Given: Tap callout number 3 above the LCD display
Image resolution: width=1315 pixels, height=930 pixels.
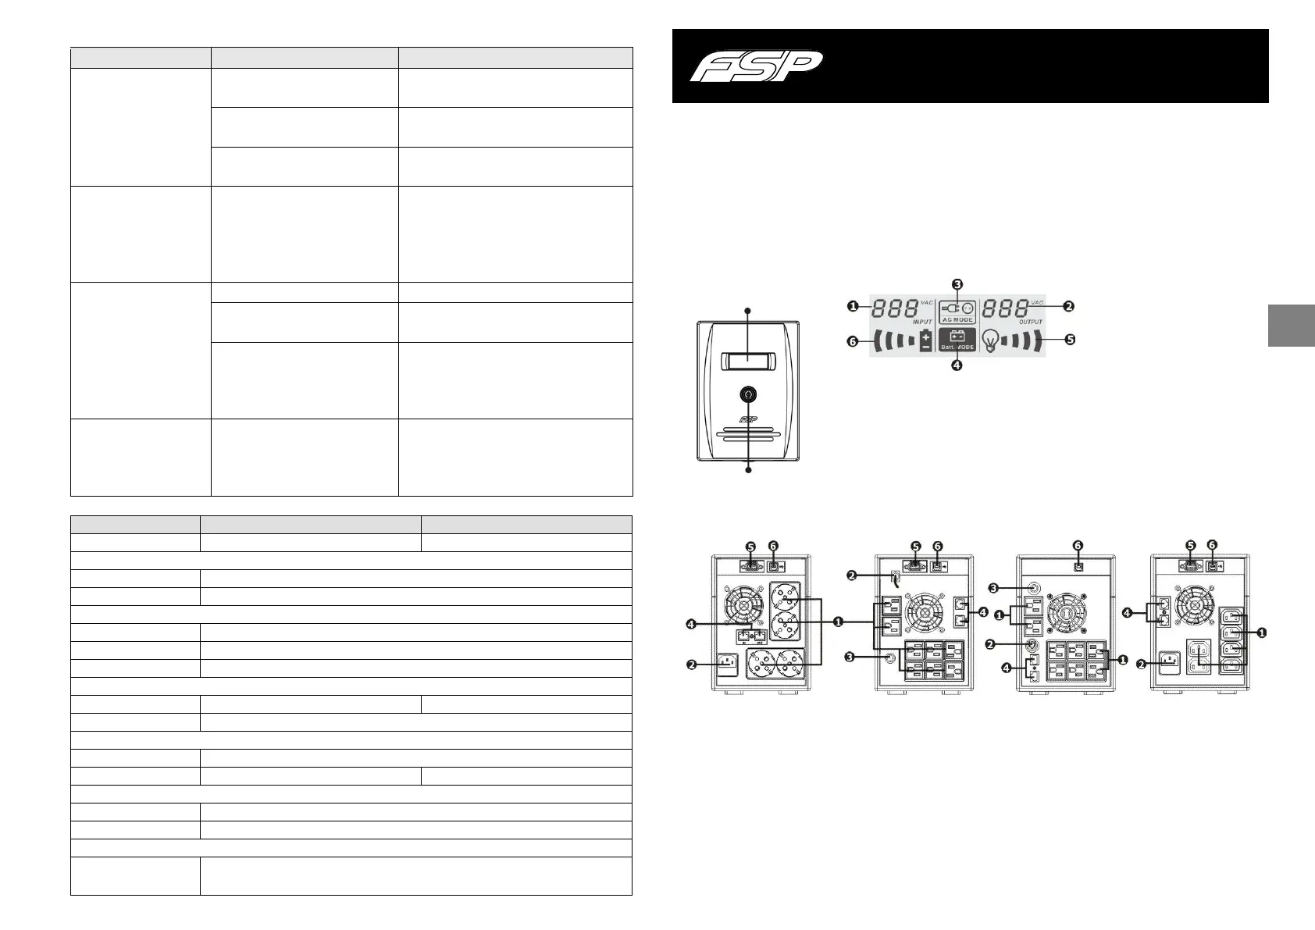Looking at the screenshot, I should [x=957, y=284].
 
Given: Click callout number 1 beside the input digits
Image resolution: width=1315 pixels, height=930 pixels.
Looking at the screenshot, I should [x=854, y=306].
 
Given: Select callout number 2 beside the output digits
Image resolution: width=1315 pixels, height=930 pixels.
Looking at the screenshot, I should [x=1069, y=306].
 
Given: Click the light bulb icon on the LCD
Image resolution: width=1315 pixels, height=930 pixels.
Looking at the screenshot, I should [x=991, y=340].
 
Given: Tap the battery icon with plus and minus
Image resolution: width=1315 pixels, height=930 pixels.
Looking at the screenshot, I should [x=926, y=340].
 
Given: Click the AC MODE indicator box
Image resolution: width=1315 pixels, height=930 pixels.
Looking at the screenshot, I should [x=957, y=312].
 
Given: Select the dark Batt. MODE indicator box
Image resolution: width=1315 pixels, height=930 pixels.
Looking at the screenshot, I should [x=957, y=340].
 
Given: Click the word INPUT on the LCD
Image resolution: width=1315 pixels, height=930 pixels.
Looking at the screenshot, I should [x=922, y=322].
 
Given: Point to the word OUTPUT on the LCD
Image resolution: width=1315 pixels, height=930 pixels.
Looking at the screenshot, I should [x=1031, y=322].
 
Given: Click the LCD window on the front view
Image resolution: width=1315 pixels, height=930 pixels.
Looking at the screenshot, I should [x=747, y=361].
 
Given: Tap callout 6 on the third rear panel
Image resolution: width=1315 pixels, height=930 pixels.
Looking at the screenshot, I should [x=1078, y=546].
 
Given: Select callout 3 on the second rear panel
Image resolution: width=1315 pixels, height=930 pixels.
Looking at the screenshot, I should [x=850, y=657].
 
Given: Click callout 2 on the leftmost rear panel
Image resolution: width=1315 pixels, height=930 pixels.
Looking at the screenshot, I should [x=692, y=665].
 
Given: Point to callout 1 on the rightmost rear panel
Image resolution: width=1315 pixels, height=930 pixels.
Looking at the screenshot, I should [x=1261, y=633].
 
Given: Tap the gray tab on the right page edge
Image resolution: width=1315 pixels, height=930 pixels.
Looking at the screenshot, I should [x=1291, y=326].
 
